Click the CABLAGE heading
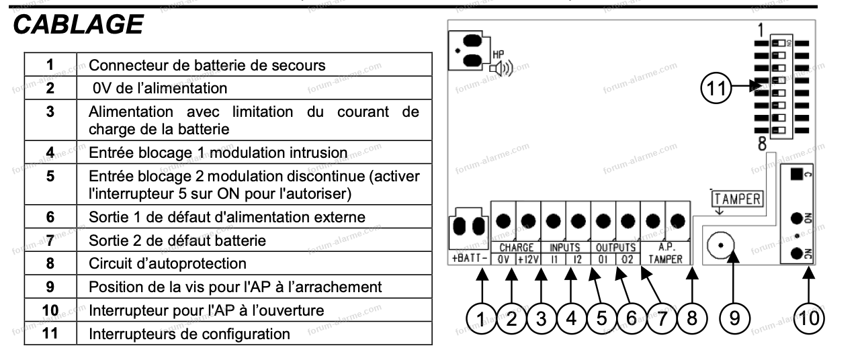pos(78,25)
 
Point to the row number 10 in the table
pos(50,310)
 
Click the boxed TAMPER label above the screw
pos(736,199)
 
